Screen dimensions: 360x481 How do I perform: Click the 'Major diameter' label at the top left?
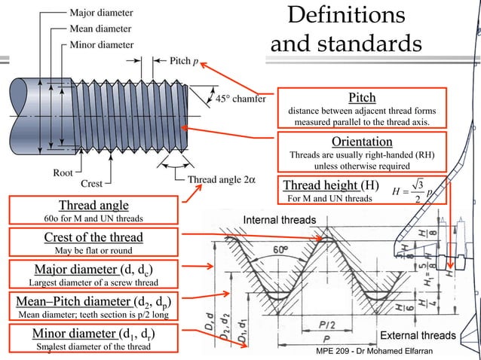[x=101, y=13]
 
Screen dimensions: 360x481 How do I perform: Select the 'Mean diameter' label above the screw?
[x=101, y=29]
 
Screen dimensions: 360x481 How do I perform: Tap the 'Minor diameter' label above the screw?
[x=102, y=44]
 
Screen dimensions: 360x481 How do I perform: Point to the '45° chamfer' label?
[x=240, y=98]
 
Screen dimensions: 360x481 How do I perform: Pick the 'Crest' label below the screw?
[x=91, y=182]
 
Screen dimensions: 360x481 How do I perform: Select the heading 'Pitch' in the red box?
[x=362, y=98]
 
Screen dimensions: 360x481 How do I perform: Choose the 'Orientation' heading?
[x=362, y=142]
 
